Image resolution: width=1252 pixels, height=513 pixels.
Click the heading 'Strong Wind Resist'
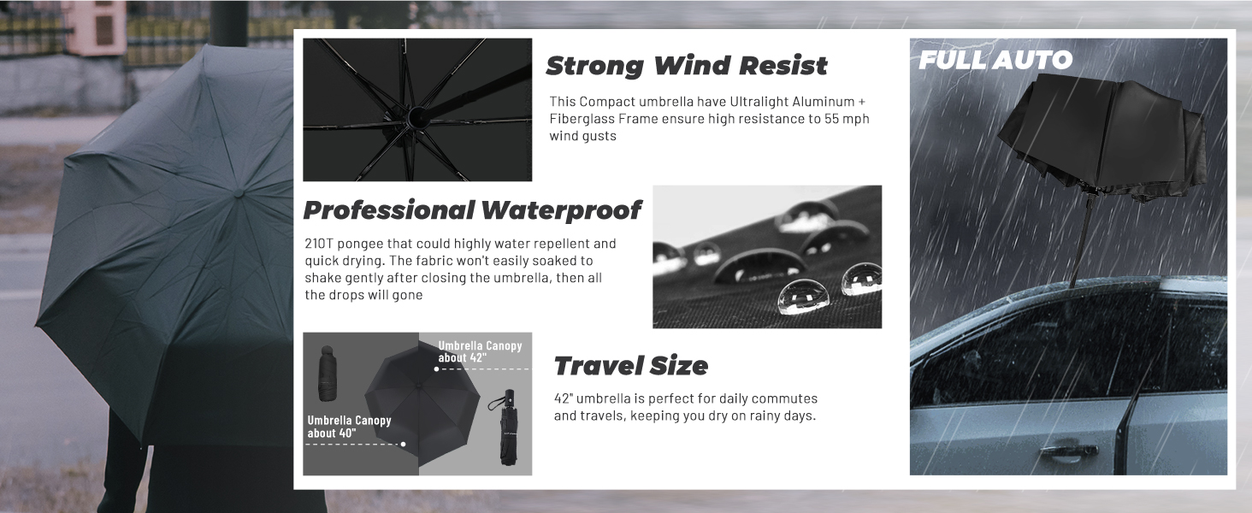[687, 66]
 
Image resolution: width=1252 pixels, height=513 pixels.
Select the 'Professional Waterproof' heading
[472, 209]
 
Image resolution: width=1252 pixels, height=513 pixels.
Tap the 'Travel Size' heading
[631, 366]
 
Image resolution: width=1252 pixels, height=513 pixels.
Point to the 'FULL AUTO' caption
[995, 60]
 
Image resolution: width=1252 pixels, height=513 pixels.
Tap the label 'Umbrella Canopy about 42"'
[480, 351]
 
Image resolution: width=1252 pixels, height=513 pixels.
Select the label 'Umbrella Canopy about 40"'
[349, 427]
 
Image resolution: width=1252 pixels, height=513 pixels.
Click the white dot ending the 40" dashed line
[403, 444]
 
